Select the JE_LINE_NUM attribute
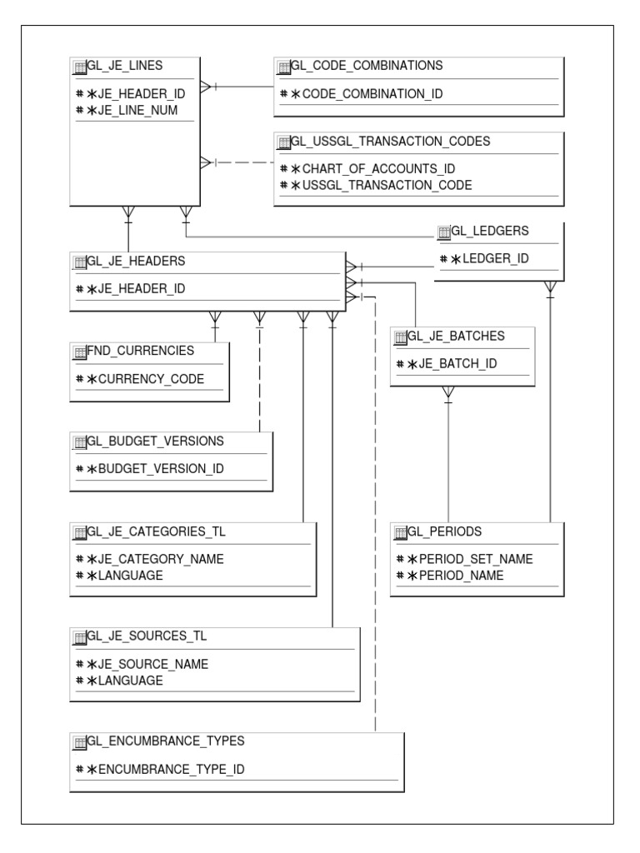137,109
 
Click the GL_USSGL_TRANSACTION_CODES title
390,141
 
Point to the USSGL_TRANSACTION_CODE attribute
382,184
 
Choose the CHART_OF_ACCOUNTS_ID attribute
372,169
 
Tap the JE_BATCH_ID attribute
446,364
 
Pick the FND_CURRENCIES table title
140,350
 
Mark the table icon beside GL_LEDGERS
444,230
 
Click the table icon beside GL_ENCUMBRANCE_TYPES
80,742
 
